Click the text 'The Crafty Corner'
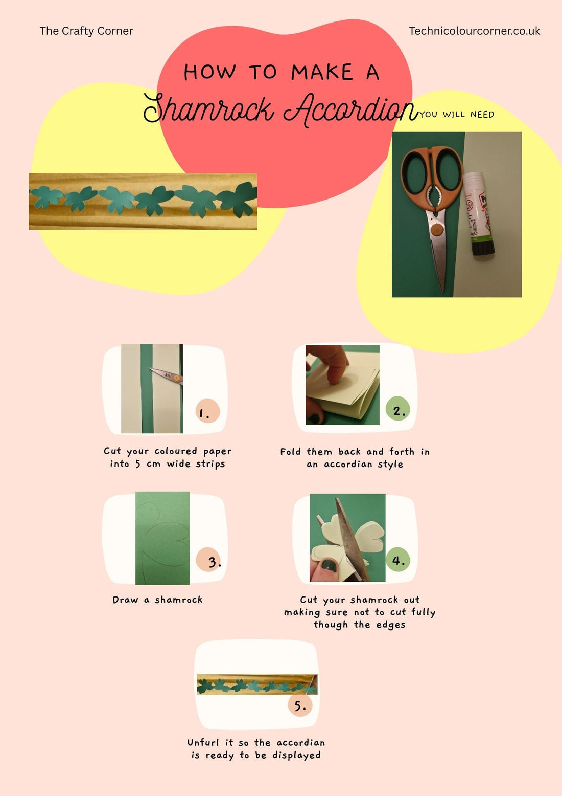(86, 31)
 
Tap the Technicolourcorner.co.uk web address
(474, 31)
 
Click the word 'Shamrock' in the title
(208, 109)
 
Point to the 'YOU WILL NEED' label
(457, 115)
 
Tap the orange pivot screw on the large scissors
(436, 230)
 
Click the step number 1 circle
(207, 411)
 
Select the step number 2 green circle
(399, 409)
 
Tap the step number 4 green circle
(398, 560)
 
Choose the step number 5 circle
(300, 705)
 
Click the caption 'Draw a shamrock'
(157, 600)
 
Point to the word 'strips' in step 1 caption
(210, 464)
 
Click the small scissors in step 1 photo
(167, 375)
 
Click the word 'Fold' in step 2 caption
(290, 452)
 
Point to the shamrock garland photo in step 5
(257, 684)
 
